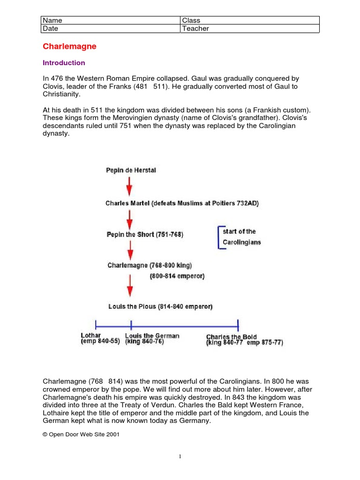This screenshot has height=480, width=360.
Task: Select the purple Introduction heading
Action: (64, 63)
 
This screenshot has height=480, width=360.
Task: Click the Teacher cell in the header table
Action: (249, 29)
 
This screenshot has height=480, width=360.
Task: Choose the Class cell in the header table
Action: (249, 21)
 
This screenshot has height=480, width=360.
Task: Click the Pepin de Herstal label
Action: (131, 171)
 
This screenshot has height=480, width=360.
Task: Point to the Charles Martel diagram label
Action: (182, 203)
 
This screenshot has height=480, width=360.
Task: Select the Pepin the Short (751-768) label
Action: (145, 234)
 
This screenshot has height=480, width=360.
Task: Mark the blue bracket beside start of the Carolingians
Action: (219, 237)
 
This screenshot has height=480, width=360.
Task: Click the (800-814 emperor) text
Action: (177, 277)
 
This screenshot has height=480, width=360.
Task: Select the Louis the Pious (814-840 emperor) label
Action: (160, 307)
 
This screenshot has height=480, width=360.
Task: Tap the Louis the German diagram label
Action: (152, 336)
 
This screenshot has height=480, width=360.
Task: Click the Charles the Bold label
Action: (232, 337)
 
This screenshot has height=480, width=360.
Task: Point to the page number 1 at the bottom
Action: (180, 457)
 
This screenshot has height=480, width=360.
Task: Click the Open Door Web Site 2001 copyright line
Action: (81, 435)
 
